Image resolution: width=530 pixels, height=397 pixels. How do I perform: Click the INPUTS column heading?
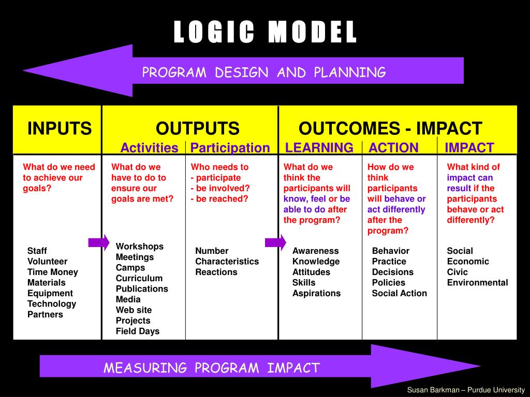point(60,128)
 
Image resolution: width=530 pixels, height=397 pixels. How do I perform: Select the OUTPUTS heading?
point(198,128)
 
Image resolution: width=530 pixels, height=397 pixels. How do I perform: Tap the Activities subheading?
point(149,148)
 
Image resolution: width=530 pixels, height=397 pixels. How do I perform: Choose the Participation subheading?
point(230,148)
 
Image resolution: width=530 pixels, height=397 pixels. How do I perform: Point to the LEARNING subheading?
point(319,148)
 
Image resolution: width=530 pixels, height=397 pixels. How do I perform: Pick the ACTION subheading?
point(393,148)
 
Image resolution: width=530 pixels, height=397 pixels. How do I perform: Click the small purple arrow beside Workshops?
point(99,242)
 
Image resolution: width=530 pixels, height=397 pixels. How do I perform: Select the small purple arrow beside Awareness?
point(275,242)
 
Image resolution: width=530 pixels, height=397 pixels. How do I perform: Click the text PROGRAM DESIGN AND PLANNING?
point(264,72)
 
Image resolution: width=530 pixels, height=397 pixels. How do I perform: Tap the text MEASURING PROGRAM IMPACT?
point(211,368)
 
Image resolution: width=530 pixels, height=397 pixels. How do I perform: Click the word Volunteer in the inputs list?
point(47,262)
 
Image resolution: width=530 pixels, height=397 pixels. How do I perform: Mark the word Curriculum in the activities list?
point(139,278)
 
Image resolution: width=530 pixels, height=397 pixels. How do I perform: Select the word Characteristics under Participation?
point(227,262)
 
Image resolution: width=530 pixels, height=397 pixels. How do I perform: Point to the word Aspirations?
point(316,293)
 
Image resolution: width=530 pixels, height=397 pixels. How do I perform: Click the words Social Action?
point(399,293)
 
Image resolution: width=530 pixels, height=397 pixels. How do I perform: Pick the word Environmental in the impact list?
point(477,283)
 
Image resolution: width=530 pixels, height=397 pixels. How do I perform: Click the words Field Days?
point(137,331)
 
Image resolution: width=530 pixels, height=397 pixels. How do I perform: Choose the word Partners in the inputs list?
point(45,314)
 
